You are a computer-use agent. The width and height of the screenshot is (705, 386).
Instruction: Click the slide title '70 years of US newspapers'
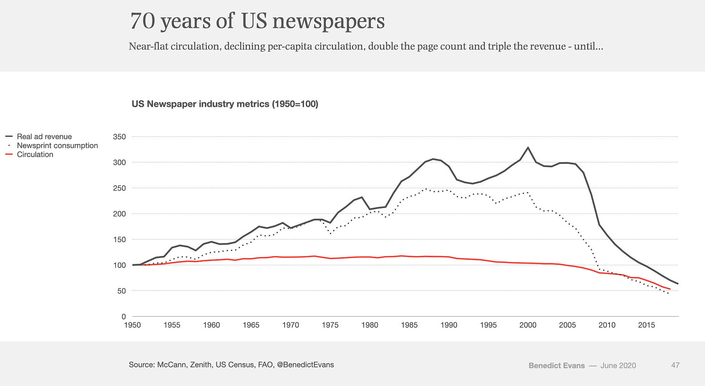[x=257, y=21]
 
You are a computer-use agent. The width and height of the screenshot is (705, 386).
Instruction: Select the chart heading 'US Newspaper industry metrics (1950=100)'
[x=225, y=104]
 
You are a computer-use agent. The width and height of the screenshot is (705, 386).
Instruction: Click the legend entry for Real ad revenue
[x=44, y=137]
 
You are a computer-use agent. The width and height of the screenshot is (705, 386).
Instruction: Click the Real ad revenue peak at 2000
[x=528, y=147]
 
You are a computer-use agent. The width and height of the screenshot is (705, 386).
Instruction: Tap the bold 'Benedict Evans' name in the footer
[x=557, y=365]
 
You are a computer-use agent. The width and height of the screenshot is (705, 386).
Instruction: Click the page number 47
[x=675, y=365]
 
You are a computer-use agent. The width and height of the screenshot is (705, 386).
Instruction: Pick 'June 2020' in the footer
[x=618, y=365]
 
